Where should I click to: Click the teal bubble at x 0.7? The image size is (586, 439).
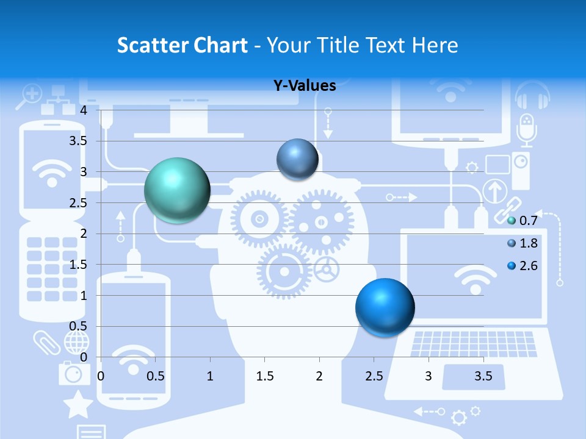178,190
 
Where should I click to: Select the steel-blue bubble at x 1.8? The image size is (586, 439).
298,159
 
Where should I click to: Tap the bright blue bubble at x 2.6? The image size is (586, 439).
385,307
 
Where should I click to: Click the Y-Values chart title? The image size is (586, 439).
305,85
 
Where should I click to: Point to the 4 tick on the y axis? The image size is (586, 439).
84,110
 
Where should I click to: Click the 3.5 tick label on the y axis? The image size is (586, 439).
79,141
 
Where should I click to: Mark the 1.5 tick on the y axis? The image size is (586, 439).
79,265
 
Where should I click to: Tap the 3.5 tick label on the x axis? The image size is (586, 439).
483,377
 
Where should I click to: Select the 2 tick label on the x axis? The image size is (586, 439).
319,377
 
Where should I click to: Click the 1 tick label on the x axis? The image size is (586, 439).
211,377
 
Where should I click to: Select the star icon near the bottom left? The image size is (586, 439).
79,405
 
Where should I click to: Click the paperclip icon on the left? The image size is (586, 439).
47,342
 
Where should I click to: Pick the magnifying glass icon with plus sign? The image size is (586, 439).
29,96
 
